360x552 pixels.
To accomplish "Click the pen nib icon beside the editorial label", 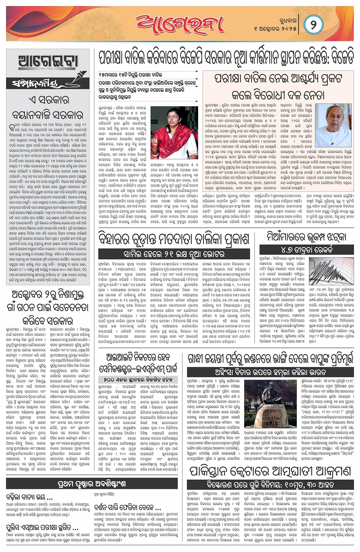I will click(x=77, y=76).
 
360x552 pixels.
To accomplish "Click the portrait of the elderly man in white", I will click(x=333, y=126).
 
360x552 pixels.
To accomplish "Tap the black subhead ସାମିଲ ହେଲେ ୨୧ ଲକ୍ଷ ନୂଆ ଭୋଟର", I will click(x=174, y=254).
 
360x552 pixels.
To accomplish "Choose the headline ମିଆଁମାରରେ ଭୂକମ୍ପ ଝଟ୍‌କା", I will click(x=307, y=237).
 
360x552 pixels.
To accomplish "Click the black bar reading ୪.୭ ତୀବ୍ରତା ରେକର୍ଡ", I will click(x=307, y=250).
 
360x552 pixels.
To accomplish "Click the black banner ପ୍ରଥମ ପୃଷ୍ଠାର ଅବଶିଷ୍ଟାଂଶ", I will click(x=91, y=484).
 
